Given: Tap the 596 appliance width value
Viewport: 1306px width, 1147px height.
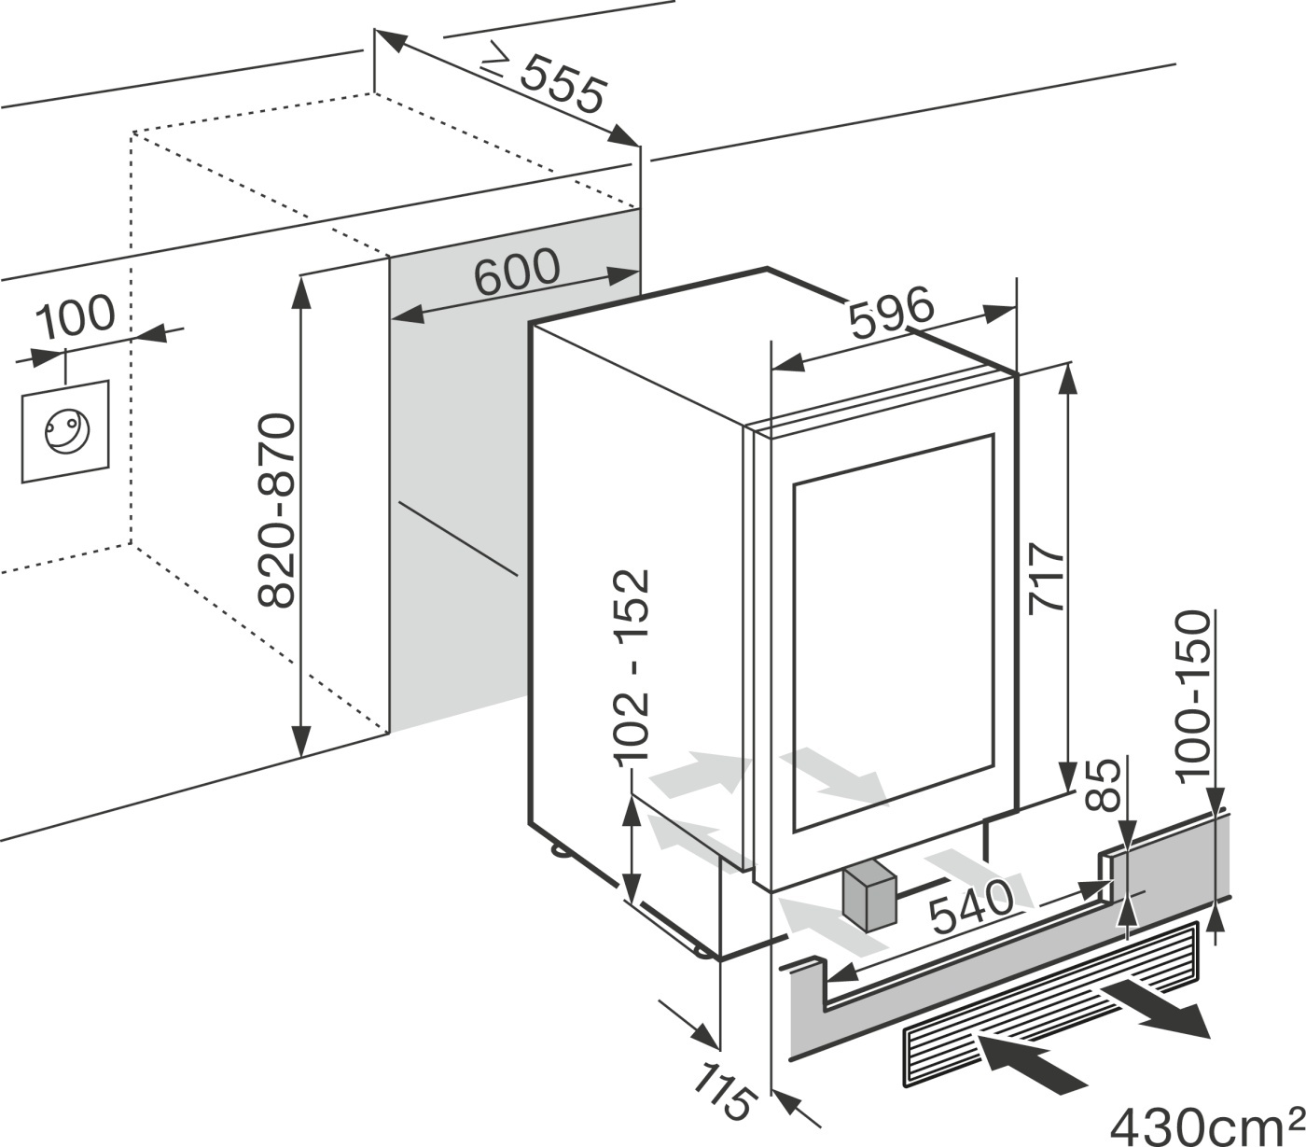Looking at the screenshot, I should click(x=890, y=315).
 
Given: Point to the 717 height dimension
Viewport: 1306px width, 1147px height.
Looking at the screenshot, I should click(x=1046, y=580).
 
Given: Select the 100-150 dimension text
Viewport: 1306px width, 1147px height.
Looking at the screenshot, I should click(x=1195, y=695).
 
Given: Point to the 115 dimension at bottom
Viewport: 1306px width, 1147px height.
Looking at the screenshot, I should click(x=723, y=1089).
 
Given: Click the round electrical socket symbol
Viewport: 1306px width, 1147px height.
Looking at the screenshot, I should click(x=65, y=431).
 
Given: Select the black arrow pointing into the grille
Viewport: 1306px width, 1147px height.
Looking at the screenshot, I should click(x=1031, y=1066).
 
